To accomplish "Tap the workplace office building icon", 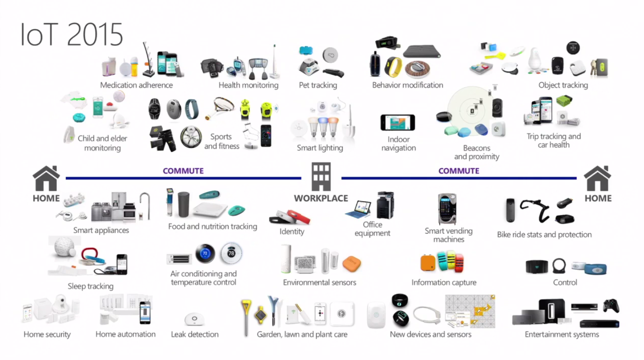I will pos(321,176).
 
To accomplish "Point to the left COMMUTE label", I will pos(183,171).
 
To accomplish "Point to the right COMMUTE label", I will pos(459,171).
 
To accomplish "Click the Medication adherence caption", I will pos(136,85).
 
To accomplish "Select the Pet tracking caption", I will pos(318,85).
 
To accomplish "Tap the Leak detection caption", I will pos(195,334).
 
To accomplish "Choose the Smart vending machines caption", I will pos(448,235).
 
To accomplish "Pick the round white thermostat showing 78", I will pos(232,254).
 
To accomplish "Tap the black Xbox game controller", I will pos(611,305).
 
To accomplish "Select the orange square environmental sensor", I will pos(352,263).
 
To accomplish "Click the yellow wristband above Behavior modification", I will pos(393,66).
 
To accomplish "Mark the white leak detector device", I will pos(195,319).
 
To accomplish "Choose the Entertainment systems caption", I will pos(562,334).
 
